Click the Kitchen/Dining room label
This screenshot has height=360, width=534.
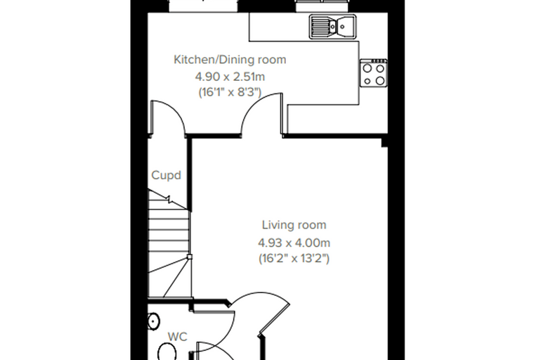pos(230,60)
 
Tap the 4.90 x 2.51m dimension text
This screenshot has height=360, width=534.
pos(230,77)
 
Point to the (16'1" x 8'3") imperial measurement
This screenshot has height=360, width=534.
pos(230,92)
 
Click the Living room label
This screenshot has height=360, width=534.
pos(294,225)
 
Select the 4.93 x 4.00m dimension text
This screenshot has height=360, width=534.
pos(294,243)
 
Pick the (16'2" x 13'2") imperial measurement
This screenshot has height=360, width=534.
pos(294,259)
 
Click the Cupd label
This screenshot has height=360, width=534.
pos(166,175)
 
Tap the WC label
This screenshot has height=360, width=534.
pos(178,337)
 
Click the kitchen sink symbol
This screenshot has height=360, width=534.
pos(333,26)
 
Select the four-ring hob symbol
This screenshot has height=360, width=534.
pos(374,73)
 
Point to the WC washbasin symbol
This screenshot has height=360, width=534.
pos(154,321)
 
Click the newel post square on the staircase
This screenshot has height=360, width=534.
pos(190,257)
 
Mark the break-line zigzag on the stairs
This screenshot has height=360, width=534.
pos(168,198)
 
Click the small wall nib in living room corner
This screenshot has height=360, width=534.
pos(384,143)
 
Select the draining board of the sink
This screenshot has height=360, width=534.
pos(320,25)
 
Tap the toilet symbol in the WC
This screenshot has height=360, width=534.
pos(167,352)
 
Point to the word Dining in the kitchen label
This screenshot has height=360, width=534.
pos(237,60)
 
